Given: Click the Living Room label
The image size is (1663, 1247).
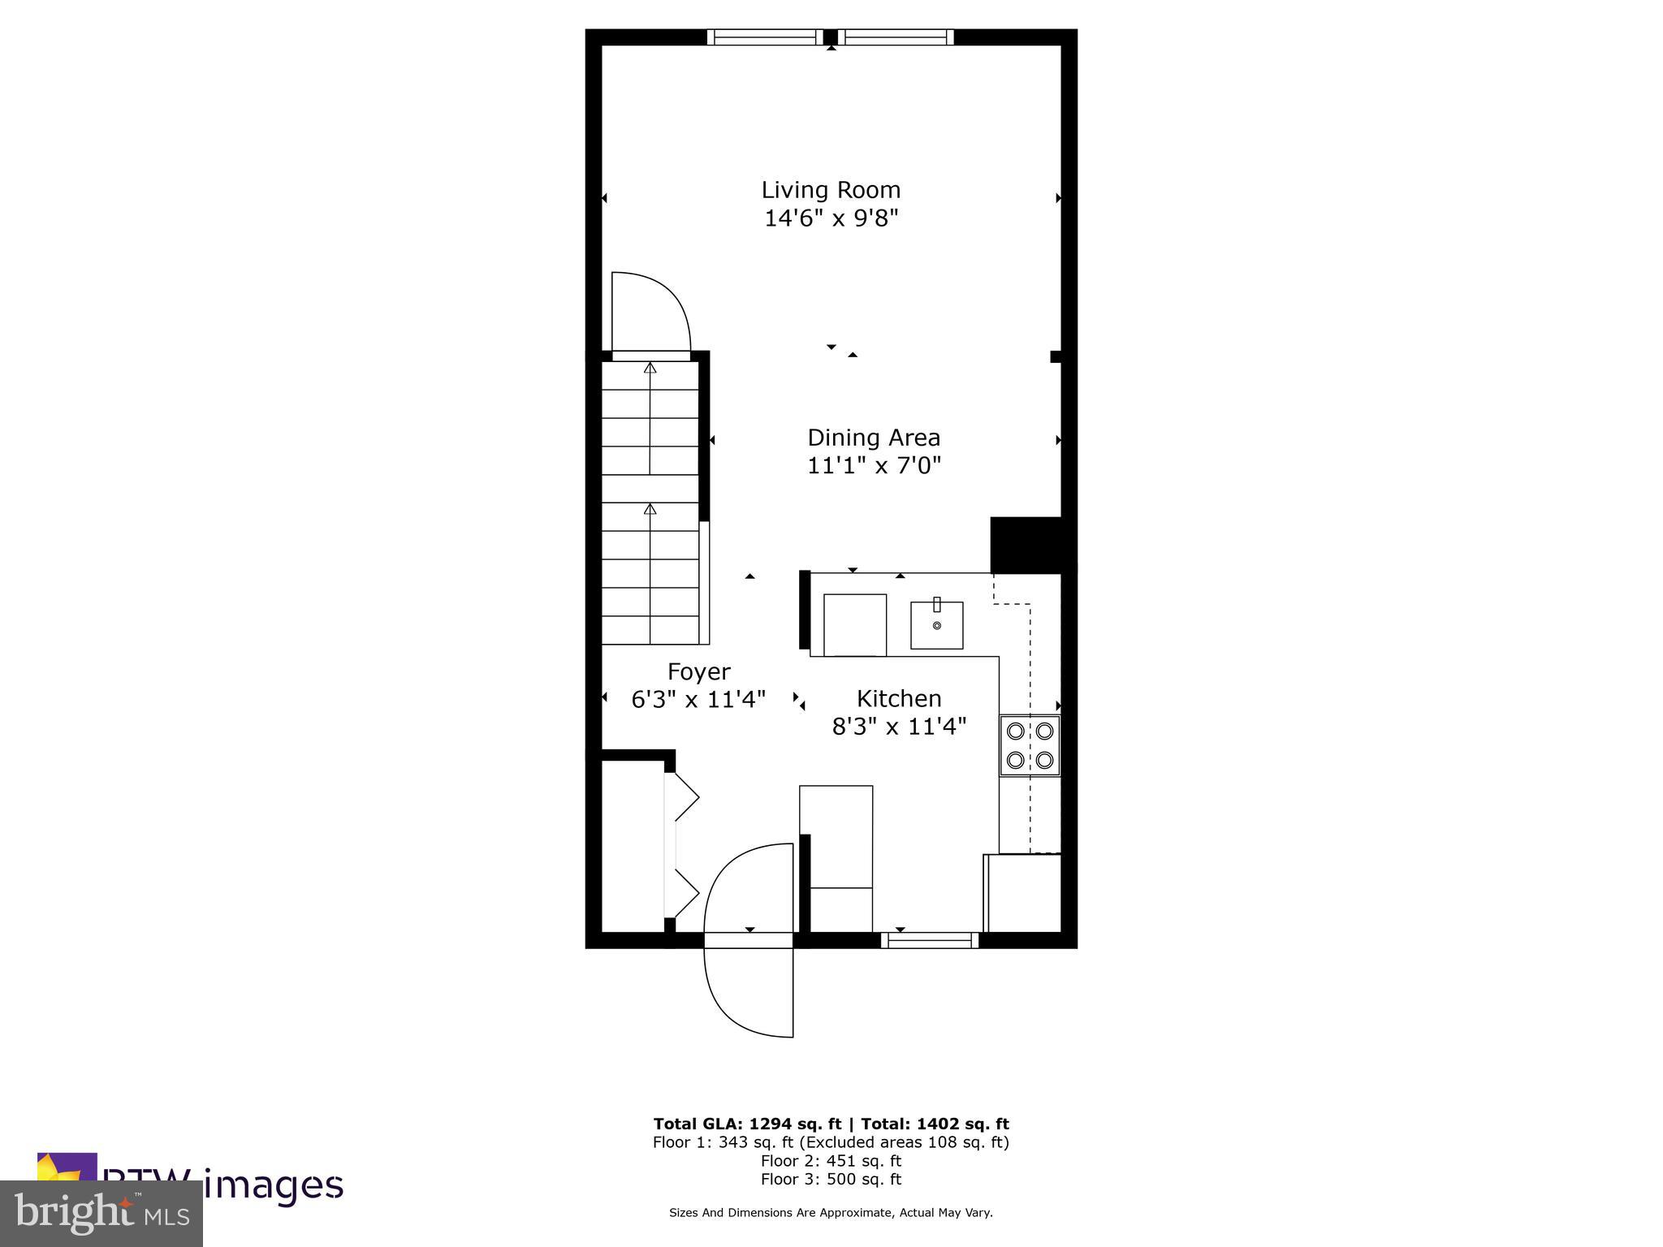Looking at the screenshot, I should (x=831, y=190).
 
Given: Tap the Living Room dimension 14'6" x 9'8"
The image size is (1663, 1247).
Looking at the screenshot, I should (x=831, y=218).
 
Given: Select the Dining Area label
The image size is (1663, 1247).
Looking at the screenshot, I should (x=874, y=438).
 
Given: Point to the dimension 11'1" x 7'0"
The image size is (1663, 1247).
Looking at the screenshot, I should (x=874, y=466).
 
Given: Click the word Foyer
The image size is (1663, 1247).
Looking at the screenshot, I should (x=698, y=671).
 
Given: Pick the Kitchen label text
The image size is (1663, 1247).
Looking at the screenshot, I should (x=899, y=698).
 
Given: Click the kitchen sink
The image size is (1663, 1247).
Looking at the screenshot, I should (x=936, y=625).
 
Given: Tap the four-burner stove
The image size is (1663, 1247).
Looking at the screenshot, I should (x=1030, y=745).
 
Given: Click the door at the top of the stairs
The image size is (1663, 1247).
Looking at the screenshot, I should (x=650, y=313).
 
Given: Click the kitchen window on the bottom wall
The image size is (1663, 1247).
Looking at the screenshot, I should (x=930, y=940).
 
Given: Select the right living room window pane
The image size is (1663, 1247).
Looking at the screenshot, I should (x=896, y=37).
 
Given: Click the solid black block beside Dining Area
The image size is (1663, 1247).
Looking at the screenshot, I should (x=1026, y=544).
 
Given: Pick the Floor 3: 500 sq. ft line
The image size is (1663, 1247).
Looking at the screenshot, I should (x=831, y=1179).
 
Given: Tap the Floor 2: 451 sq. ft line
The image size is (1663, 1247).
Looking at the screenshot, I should (x=831, y=1160).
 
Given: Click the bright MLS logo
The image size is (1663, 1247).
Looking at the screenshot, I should (x=102, y=1213).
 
